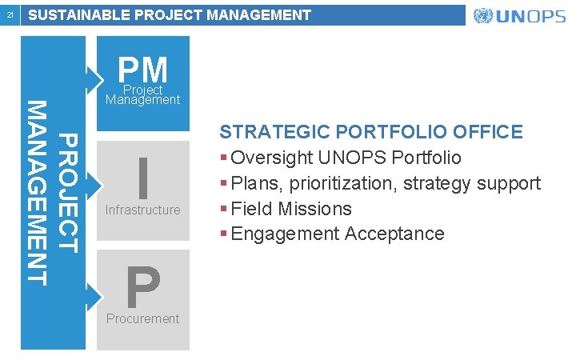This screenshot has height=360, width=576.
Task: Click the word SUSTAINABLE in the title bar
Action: (x=76, y=15)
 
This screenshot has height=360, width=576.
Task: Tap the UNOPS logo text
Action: (x=531, y=16)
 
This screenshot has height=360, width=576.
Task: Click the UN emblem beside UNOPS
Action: (x=483, y=16)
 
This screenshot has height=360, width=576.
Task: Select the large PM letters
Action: (x=143, y=70)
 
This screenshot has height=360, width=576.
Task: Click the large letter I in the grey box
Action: (x=143, y=178)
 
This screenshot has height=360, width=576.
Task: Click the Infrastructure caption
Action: (x=143, y=210)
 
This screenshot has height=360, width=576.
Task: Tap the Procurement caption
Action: (x=143, y=318)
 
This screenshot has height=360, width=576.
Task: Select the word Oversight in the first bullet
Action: (x=269, y=158)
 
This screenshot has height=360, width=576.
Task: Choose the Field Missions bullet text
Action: (x=291, y=209)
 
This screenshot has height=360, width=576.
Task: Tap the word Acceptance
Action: (x=395, y=234)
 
